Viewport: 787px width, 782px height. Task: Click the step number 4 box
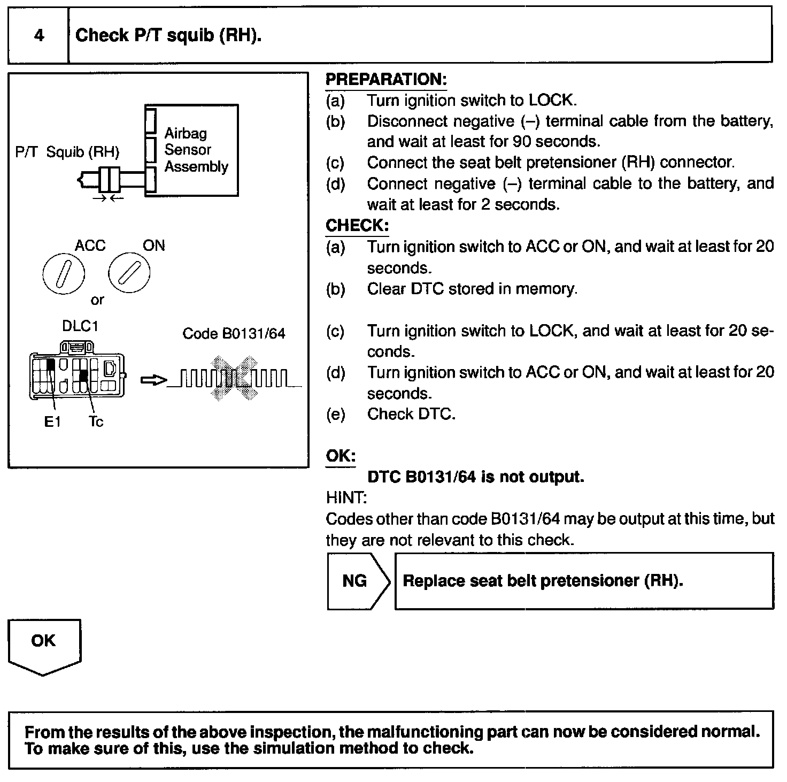click(x=38, y=35)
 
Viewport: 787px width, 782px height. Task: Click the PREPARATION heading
click(x=385, y=80)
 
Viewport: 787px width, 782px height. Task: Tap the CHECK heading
click(x=357, y=225)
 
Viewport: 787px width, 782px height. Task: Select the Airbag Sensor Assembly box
click(x=192, y=150)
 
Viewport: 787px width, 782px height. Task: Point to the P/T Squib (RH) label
click(x=67, y=152)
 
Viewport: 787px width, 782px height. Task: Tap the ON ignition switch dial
click(x=129, y=273)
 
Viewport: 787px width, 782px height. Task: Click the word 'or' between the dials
click(x=97, y=300)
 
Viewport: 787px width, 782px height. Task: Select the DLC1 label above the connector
click(x=80, y=326)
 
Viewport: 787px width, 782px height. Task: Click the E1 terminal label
click(x=52, y=422)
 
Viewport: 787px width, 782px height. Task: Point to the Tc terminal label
click(x=96, y=422)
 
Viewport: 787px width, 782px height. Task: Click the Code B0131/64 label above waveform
click(x=234, y=334)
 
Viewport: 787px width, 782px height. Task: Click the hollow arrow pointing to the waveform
click(x=153, y=380)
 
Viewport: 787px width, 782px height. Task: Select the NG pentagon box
click(x=357, y=581)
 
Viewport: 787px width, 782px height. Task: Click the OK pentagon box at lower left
click(x=44, y=644)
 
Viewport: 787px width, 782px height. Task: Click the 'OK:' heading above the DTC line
click(x=341, y=456)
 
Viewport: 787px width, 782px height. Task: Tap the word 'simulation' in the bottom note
click(x=294, y=748)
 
